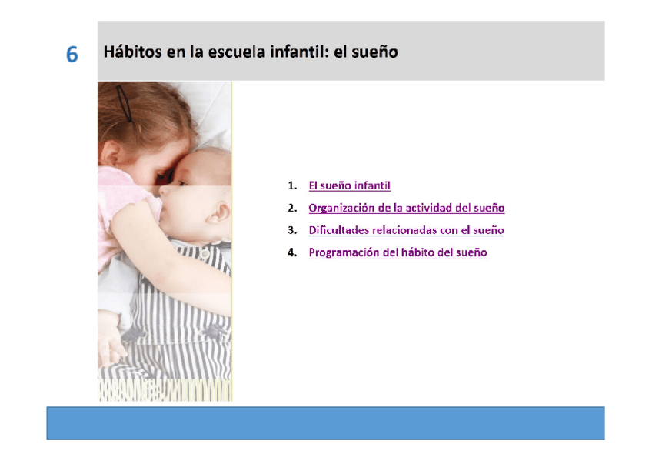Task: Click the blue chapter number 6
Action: click(72, 55)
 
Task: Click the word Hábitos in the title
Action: click(132, 52)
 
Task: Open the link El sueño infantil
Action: click(349, 185)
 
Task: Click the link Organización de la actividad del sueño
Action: click(407, 208)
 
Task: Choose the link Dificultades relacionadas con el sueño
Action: click(406, 230)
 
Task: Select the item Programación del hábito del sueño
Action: click(398, 252)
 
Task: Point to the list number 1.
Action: click(292, 185)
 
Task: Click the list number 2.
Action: click(292, 208)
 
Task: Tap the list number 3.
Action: click(292, 230)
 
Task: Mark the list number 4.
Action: click(292, 252)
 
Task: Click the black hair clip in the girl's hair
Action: click(124, 103)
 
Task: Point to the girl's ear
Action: click(110, 152)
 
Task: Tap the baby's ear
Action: click(218, 212)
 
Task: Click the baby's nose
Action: click(165, 191)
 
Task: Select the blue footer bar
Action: click(325, 423)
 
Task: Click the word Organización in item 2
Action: click(341, 208)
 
